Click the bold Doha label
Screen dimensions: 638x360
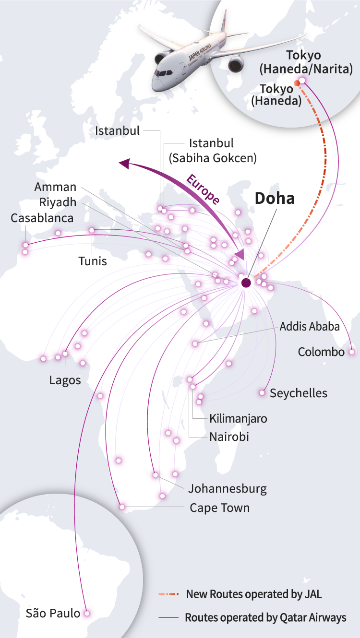(274, 198)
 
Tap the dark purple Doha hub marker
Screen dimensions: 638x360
(246, 283)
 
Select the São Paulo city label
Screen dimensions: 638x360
(53, 613)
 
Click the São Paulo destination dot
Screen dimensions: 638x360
(87, 613)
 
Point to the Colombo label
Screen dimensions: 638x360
(321, 352)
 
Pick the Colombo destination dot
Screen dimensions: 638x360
(352, 352)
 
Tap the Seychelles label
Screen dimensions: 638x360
(298, 393)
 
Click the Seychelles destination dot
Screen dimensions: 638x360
(262, 393)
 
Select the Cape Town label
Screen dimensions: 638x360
(219, 508)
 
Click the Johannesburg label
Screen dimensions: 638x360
(227, 489)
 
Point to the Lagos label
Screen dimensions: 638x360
(65, 380)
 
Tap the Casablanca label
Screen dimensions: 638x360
(42, 218)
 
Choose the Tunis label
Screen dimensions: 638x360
(93, 261)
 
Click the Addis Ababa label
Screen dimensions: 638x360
(310, 327)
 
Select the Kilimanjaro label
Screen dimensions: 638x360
(238, 418)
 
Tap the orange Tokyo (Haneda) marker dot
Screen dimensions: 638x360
(297, 83)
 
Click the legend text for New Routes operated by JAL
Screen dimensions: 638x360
(254, 594)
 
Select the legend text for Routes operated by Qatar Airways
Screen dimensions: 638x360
(265, 617)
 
